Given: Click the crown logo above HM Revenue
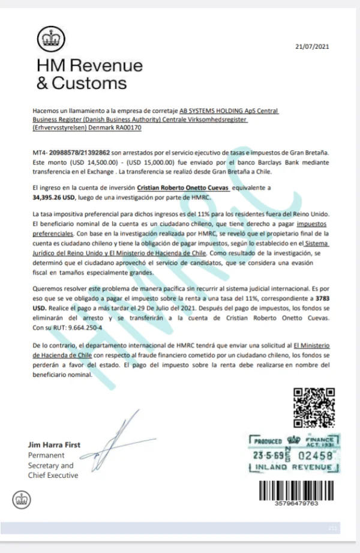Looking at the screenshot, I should [x=46, y=40].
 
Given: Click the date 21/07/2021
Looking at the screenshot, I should [x=313, y=46].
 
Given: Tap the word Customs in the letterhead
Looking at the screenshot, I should [x=88, y=83].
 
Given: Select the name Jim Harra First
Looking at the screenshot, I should [x=54, y=446].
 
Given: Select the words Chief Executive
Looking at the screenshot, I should [x=53, y=476].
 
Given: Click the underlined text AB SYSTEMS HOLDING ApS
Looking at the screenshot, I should [x=214, y=111].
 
